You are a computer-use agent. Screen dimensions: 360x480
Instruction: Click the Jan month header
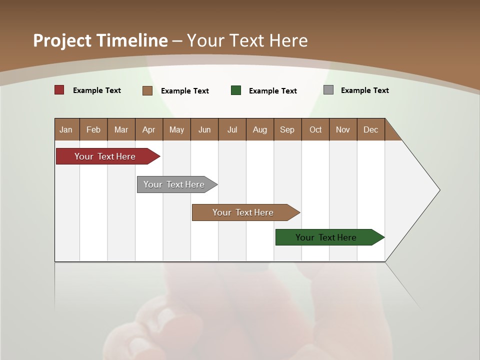(x=66, y=129)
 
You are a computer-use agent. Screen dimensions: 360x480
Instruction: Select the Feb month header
(x=93, y=129)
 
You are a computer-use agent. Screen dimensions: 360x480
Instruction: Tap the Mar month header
(x=121, y=129)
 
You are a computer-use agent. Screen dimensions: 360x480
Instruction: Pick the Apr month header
(x=149, y=129)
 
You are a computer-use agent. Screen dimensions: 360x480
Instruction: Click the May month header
(x=176, y=129)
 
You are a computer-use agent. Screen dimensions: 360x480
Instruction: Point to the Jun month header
(x=204, y=129)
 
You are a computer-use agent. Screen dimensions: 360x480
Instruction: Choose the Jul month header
(x=232, y=129)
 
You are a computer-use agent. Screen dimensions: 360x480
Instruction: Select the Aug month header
(x=260, y=129)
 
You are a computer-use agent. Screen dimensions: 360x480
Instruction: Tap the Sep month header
(x=287, y=129)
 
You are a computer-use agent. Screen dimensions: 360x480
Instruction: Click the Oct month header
(x=315, y=129)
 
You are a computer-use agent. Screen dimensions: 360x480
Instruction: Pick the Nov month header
(x=343, y=129)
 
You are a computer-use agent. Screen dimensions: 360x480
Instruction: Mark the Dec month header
(x=371, y=129)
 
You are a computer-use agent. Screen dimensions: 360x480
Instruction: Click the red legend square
(x=59, y=90)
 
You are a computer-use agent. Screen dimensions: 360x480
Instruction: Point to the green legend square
(x=236, y=90)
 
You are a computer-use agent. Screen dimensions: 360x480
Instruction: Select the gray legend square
(x=328, y=90)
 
